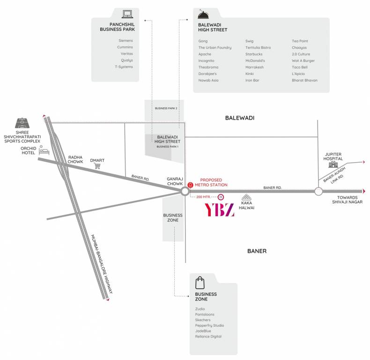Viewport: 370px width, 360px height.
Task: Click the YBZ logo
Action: (x=220, y=210)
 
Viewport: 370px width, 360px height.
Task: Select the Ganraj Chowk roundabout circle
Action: (x=185, y=191)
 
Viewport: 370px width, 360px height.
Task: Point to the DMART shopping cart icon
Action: (x=97, y=166)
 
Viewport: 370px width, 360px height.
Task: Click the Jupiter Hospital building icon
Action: (x=333, y=164)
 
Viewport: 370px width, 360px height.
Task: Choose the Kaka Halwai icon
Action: (x=245, y=198)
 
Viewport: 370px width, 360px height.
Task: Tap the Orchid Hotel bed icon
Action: (x=44, y=151)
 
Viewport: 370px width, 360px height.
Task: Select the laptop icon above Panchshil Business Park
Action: (x=126, y=14)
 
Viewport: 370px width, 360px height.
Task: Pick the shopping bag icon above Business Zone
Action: (x=200, y=283)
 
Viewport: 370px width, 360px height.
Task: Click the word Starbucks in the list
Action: (x=254, y=54)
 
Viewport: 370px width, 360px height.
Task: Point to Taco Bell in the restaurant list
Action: (x=300, y=67)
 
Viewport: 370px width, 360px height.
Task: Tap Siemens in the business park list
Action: (x=126, y=40)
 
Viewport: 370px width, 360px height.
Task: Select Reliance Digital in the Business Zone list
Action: (x=208, y=337)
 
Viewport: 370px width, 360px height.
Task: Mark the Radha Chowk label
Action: (x=75, y=160)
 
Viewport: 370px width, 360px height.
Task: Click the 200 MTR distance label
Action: (x=203, y=197)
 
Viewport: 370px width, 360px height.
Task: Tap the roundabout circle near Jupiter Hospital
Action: (x=318, y=191)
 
